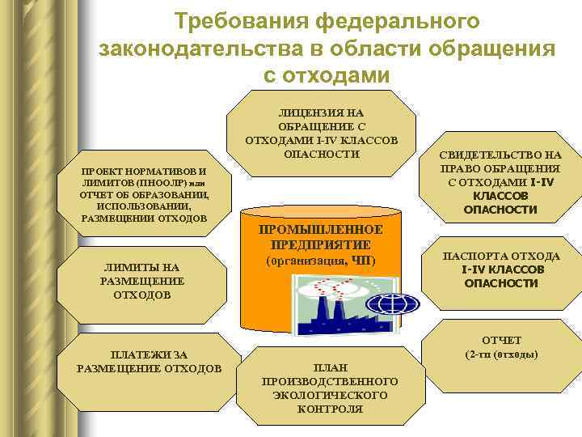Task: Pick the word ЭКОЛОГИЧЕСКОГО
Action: (330, 394)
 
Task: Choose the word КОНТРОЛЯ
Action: (330, 409)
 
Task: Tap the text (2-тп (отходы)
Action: (502, 354)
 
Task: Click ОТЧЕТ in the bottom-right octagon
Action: (501, 340)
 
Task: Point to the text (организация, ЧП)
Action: (321, 261)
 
